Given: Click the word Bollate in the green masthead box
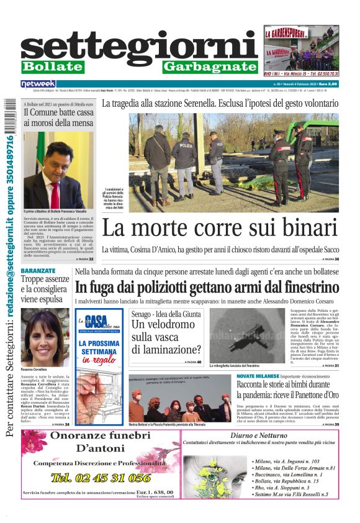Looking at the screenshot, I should pos(52,66).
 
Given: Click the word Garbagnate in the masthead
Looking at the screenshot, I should pos(210,66).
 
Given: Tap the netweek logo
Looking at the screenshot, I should pos(38,83).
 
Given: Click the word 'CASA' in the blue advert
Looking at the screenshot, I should pos(97,322).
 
